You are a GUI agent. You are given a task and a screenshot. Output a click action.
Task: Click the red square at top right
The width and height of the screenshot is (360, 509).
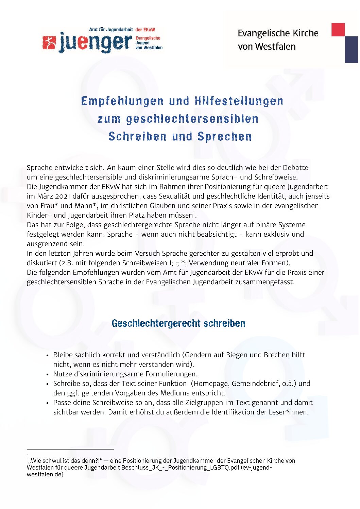(338, 30)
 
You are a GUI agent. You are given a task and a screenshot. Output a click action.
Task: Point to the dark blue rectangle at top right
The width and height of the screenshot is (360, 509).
(351, 49)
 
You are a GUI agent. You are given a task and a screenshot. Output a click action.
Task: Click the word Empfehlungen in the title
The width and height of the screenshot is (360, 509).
(122, 101)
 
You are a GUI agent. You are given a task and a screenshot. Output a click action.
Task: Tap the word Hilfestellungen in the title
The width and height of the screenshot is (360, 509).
(239, 101)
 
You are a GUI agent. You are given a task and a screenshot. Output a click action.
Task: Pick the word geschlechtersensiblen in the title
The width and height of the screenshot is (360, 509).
(192, 119)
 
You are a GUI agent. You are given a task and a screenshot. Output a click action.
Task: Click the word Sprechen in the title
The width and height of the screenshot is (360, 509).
(224, 136)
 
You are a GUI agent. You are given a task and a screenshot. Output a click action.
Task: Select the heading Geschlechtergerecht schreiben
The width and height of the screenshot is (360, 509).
(178, 323)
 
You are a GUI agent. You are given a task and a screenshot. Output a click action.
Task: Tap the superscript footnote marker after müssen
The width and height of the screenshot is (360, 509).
(194, 213)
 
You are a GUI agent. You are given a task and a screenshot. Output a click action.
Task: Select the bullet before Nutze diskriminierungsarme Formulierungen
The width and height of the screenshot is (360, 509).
(48, 374)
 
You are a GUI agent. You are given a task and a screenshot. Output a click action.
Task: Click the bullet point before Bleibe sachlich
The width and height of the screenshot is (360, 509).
(48, 355)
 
